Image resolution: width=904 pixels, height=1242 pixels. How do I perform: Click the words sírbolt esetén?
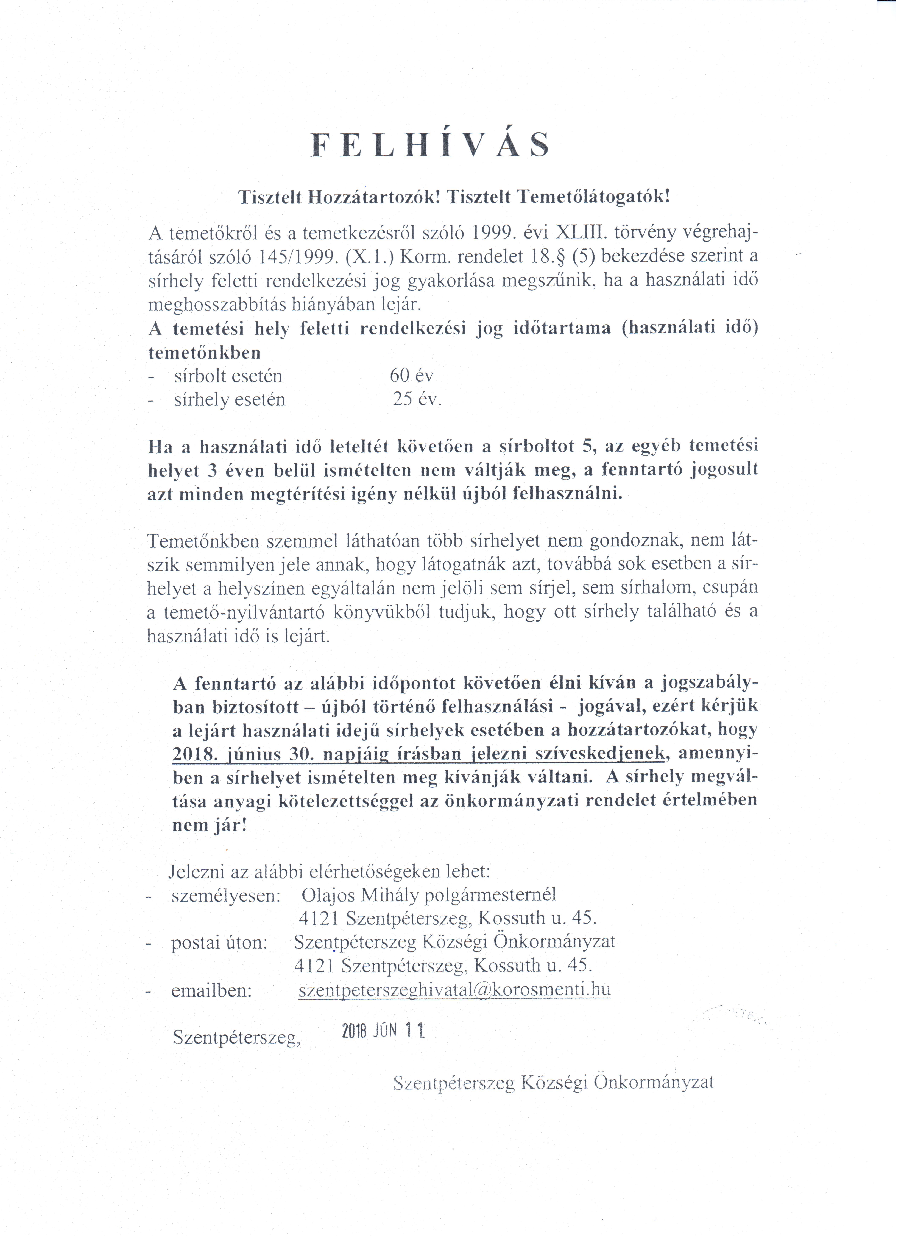[228, 376]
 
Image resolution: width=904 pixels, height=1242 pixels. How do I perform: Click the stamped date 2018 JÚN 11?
[383, 1032]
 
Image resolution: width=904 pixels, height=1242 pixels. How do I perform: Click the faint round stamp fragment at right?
[739, 1016]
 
